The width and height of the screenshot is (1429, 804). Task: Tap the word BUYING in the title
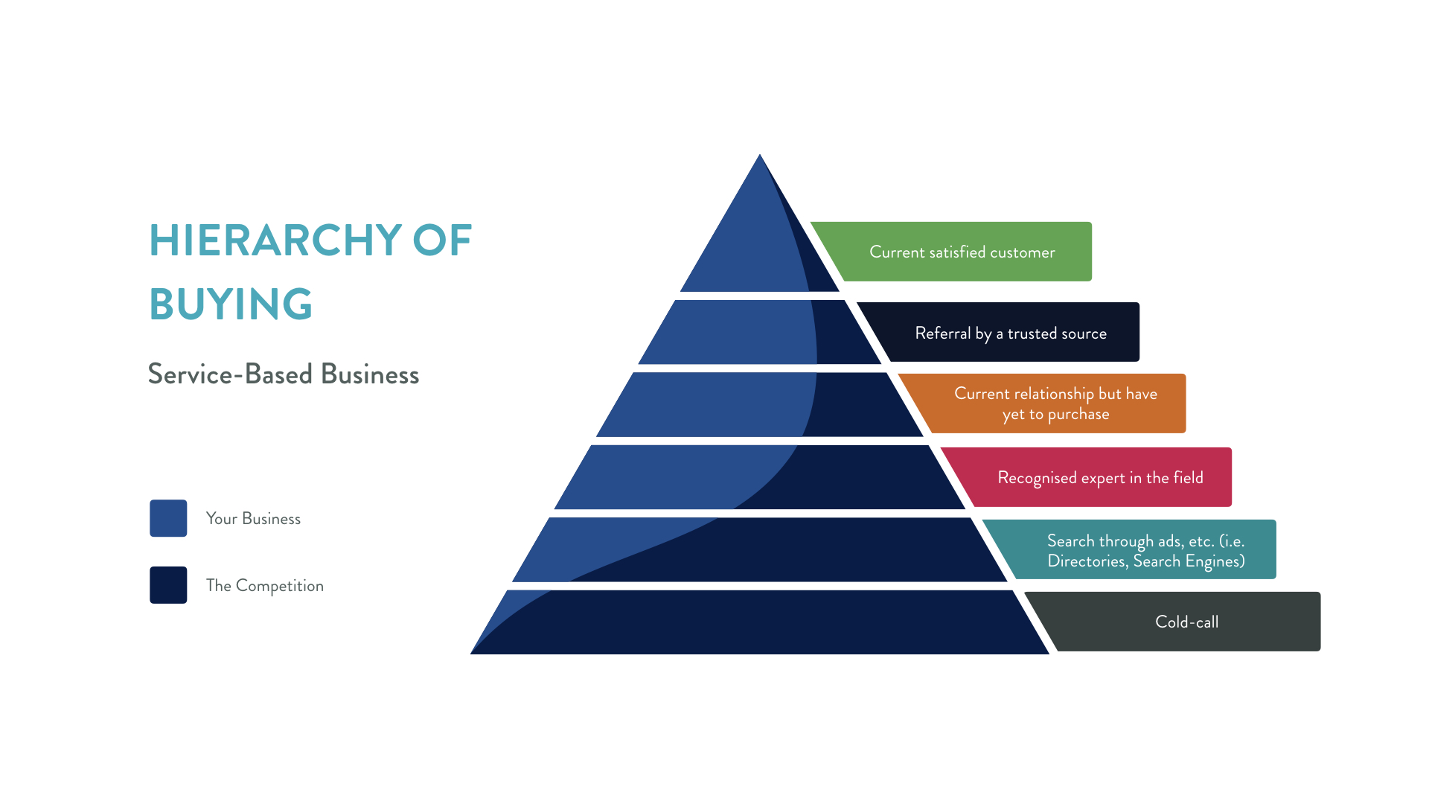click(231, 304)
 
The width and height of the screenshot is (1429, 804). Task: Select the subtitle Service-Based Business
click(283, 374)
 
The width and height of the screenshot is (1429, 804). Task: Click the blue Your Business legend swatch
click(168, 518)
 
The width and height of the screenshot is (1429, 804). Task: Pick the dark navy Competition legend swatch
click(168, 585)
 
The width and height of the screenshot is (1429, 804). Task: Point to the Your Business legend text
click(253, 519)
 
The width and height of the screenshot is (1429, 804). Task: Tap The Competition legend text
click(265, 586)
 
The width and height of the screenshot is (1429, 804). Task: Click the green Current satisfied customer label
click(962, 252)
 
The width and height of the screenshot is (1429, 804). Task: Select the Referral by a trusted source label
click(1010, 333)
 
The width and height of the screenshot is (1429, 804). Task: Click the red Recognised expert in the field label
click(1100, 477)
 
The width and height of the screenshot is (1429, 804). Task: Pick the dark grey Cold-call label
click(1186, 622)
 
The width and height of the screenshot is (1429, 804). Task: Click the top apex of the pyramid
click(759, 158)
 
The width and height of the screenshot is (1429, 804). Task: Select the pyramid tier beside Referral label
click(759, 332)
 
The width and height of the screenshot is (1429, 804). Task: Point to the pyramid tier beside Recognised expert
click(759, 477)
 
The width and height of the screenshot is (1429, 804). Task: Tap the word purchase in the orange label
click(1078, 414)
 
